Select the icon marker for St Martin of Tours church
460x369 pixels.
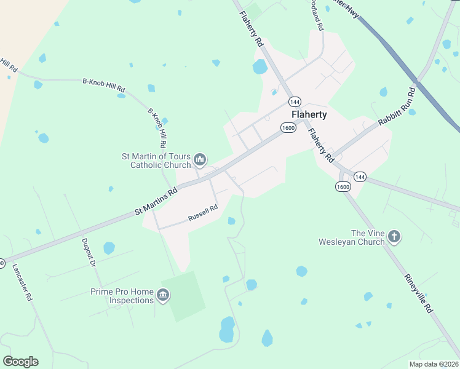coord(200,161)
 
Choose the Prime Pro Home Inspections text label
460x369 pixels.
coord(122,296)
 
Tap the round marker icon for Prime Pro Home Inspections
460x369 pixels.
coord(163,296)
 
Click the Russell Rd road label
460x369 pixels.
coord(203,213)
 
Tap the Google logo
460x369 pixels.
coord(20,362)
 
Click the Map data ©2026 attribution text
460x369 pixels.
coord(434,364)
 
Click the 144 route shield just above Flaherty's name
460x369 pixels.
coord(295,101)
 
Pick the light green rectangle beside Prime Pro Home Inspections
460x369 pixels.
coord(186,296)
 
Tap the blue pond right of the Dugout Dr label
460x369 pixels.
coord(109,248)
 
